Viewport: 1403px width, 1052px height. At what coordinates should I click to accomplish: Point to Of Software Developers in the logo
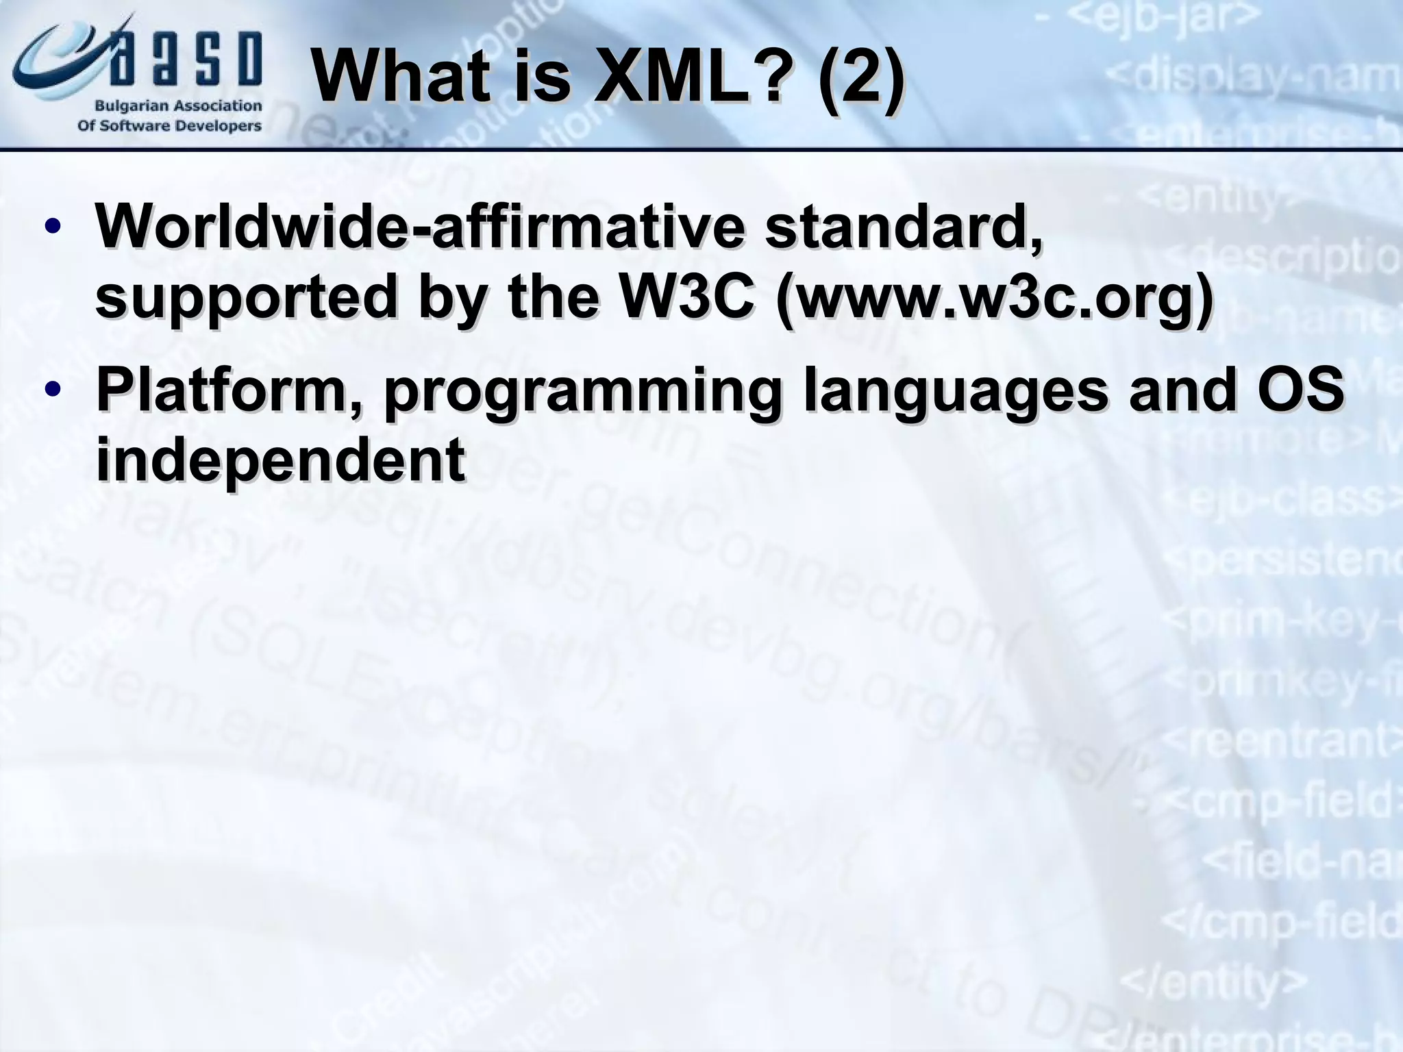tap(170, 126)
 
